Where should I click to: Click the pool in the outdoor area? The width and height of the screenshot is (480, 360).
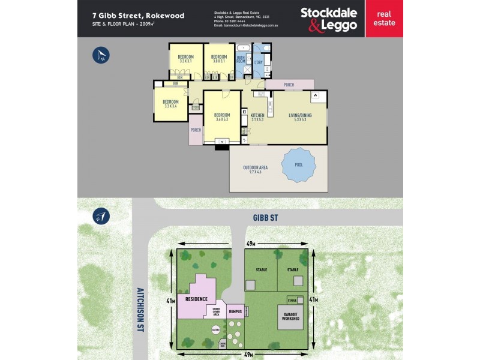pyautogui.click(x=299, y=165)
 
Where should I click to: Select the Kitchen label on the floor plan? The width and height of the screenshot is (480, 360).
pyautogui.click(x=257, y=117)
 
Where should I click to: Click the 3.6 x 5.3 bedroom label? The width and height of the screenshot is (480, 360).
pyautogui.click(x=222, y=117)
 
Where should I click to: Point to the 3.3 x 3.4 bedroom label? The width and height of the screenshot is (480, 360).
pyautogui.click(x=170, y=104)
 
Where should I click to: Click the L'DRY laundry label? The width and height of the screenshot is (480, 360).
pyautogui.click(x=259, y=62)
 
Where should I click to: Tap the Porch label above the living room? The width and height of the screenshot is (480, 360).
pyautogui.click(x=289, y=85)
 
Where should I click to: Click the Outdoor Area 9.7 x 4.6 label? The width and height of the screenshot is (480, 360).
pyautogui.click(x=255, y=170)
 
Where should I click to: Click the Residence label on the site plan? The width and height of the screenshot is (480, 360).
pyautogui.click(x=196, y=299)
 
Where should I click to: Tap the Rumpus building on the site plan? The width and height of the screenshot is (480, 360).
pyautogui.click(x=235, y=312)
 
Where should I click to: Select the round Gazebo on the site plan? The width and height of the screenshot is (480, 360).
pyautogui.click(x=215, y=329)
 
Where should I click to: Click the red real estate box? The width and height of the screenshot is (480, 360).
pyautogui.click(x=383, y=19)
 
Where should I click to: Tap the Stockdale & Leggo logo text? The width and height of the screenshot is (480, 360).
pyautogui.click(x=328, y=19)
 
